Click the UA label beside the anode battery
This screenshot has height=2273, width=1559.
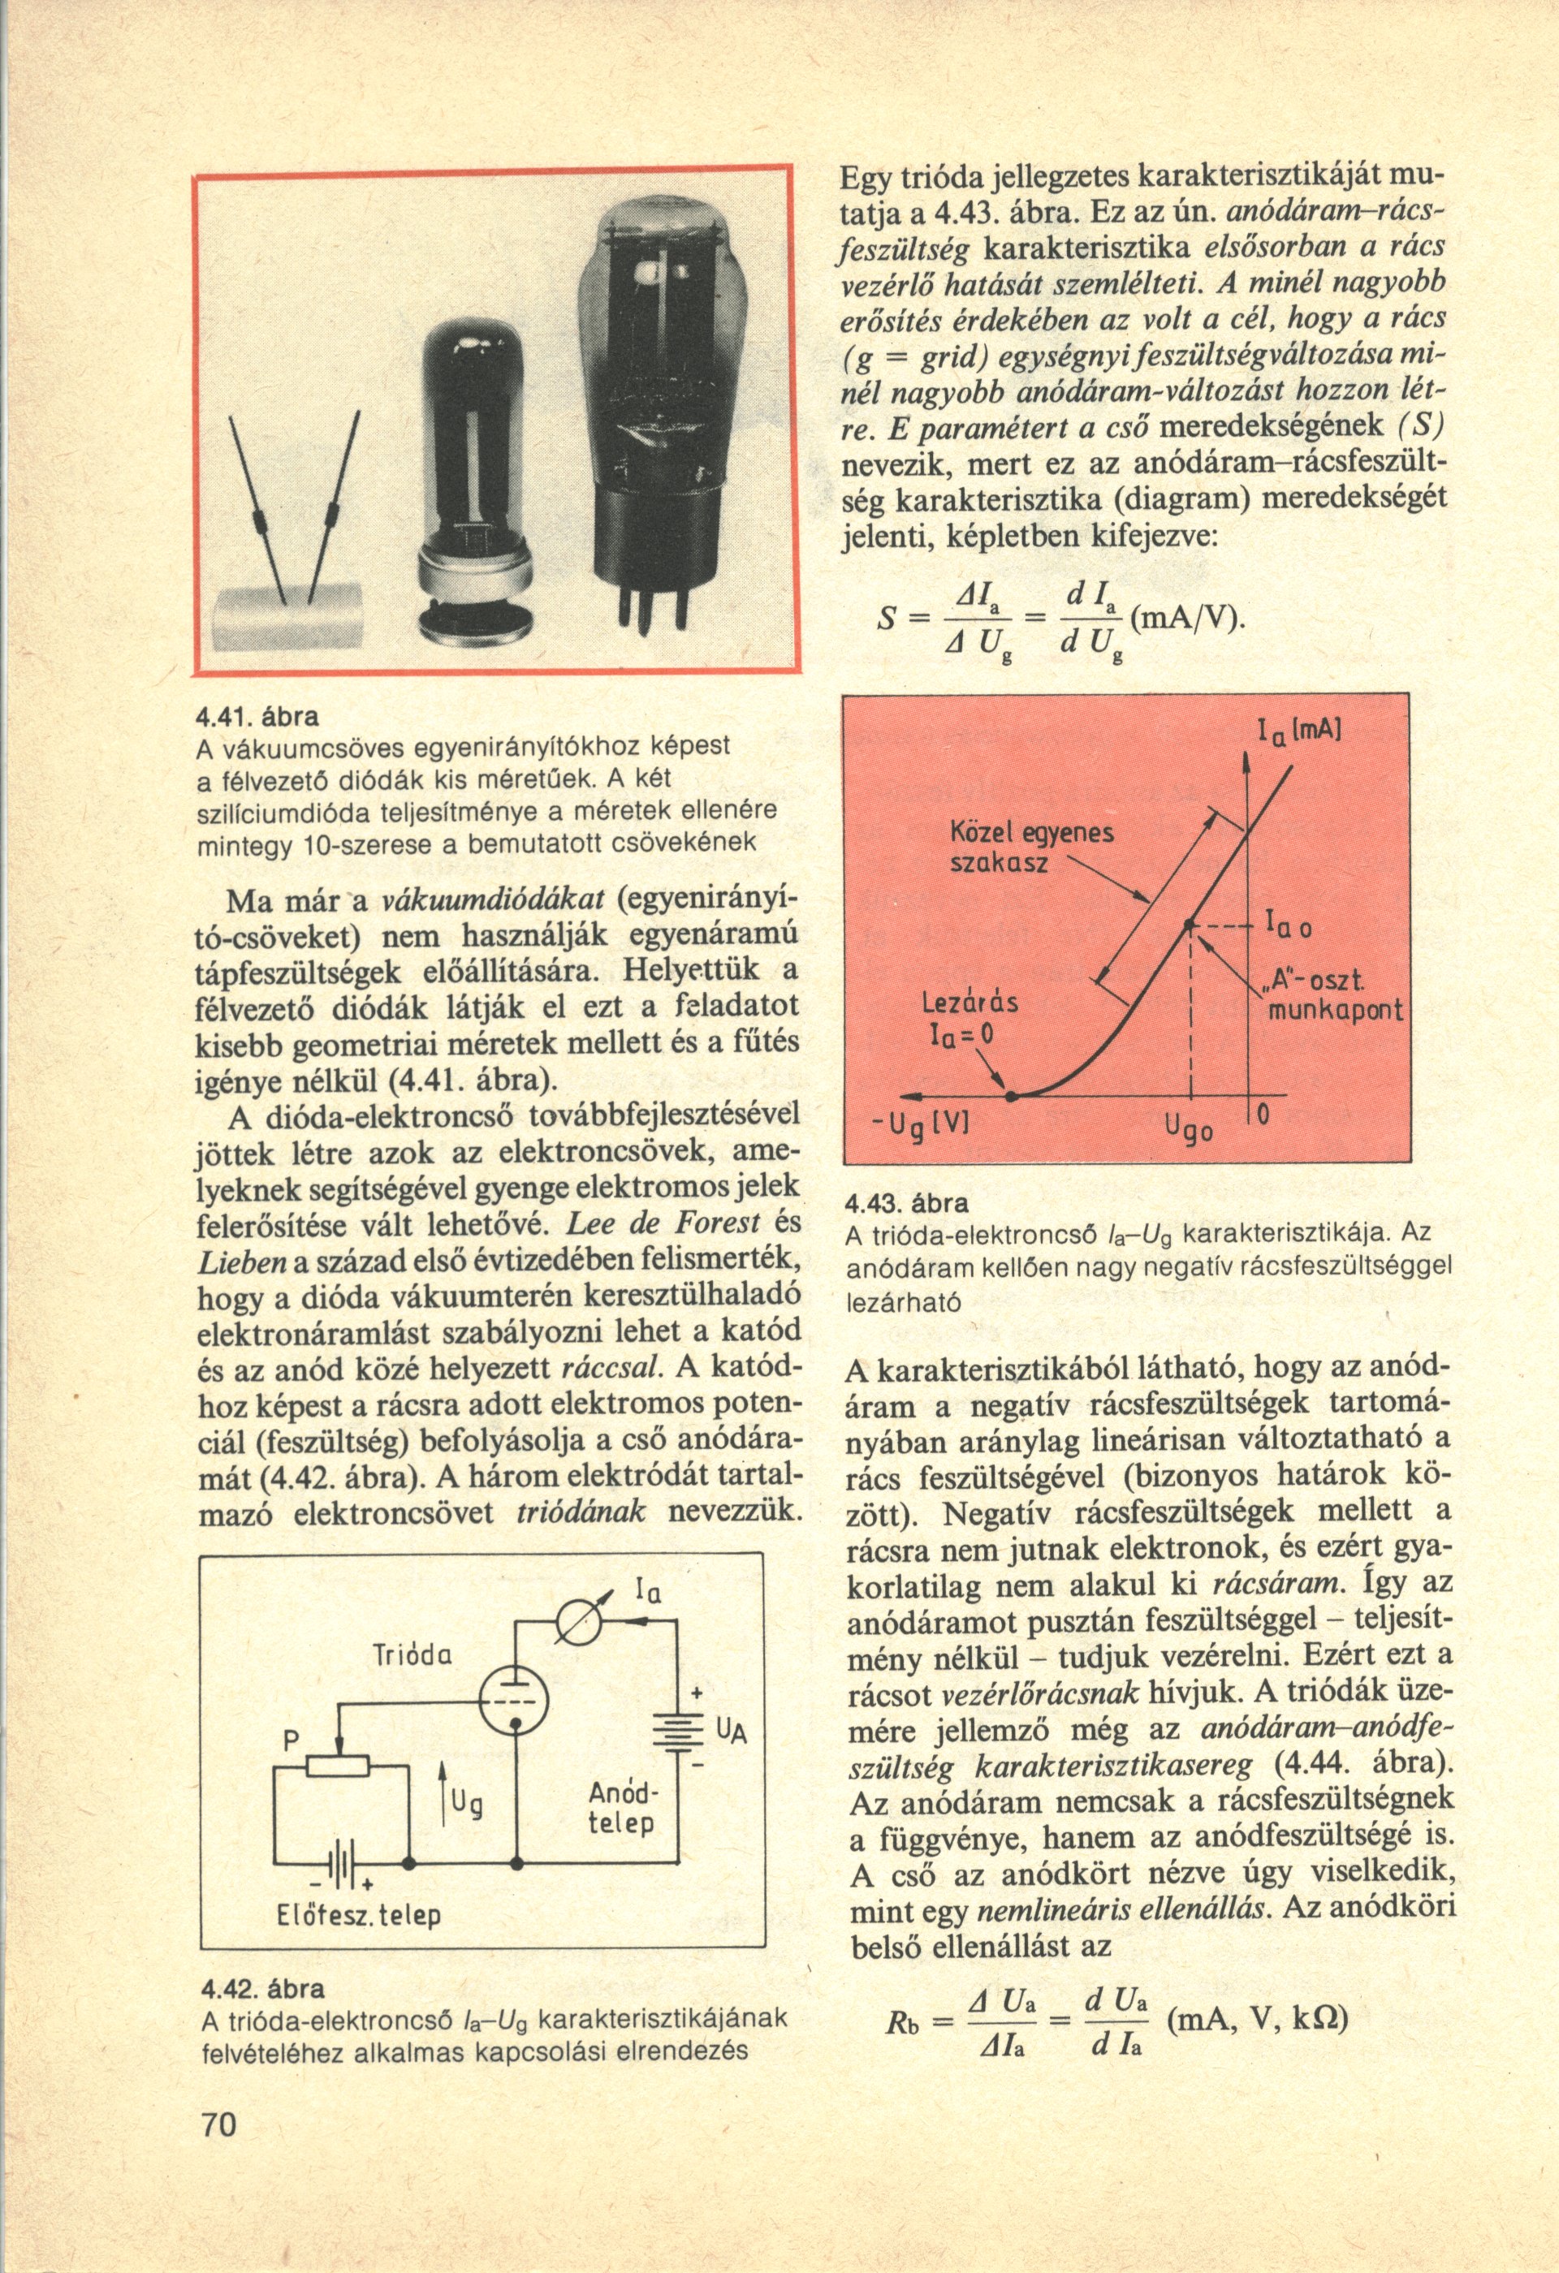point(732,1732)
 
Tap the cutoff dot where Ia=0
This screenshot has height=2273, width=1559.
point(1013,1097)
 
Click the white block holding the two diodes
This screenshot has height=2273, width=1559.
point(287,617)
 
